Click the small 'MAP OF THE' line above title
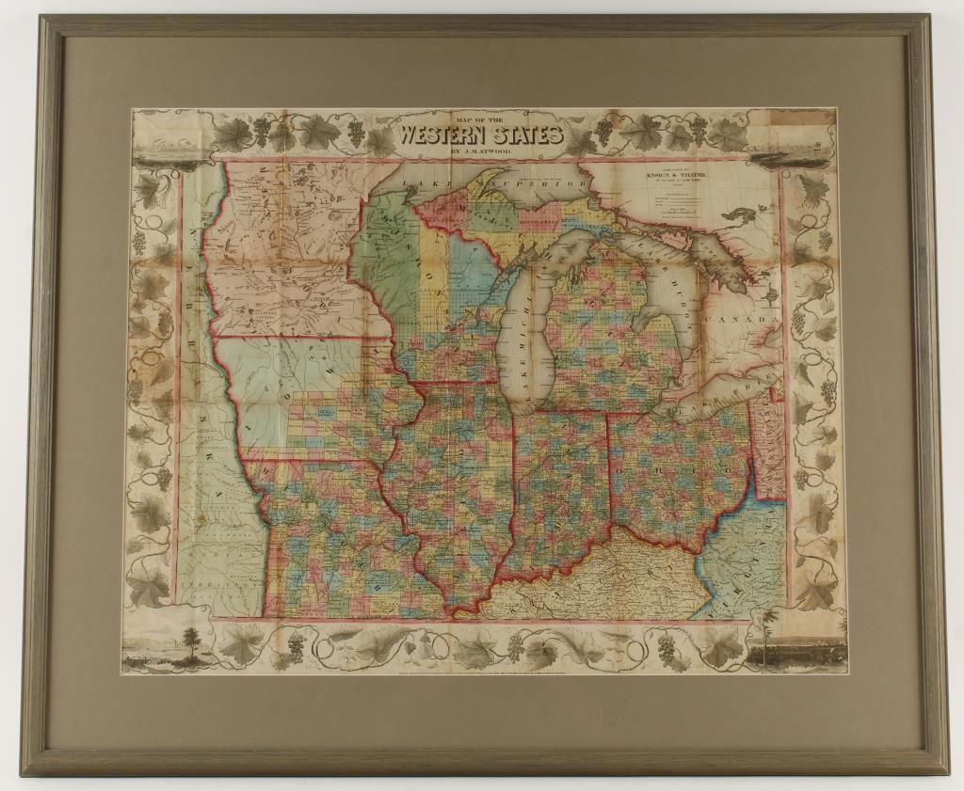pos(480,118)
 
